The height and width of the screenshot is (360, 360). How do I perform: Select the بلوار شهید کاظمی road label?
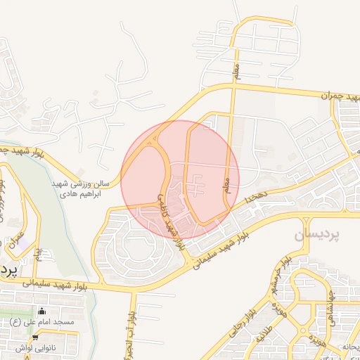tap(170, 219)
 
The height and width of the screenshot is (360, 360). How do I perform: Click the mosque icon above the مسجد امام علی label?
tap(41, 311)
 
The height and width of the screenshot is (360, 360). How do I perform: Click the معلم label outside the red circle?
tap(236, 70)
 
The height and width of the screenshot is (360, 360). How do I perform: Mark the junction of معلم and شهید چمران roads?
tap(233, 86)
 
